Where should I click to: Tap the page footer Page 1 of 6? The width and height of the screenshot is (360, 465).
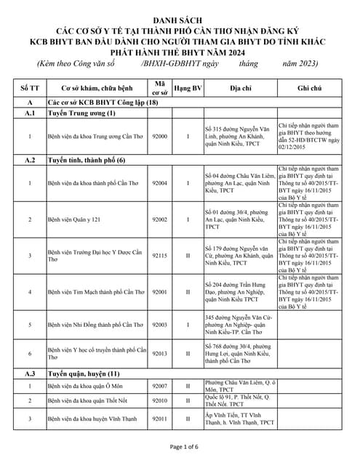click(179, 446)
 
